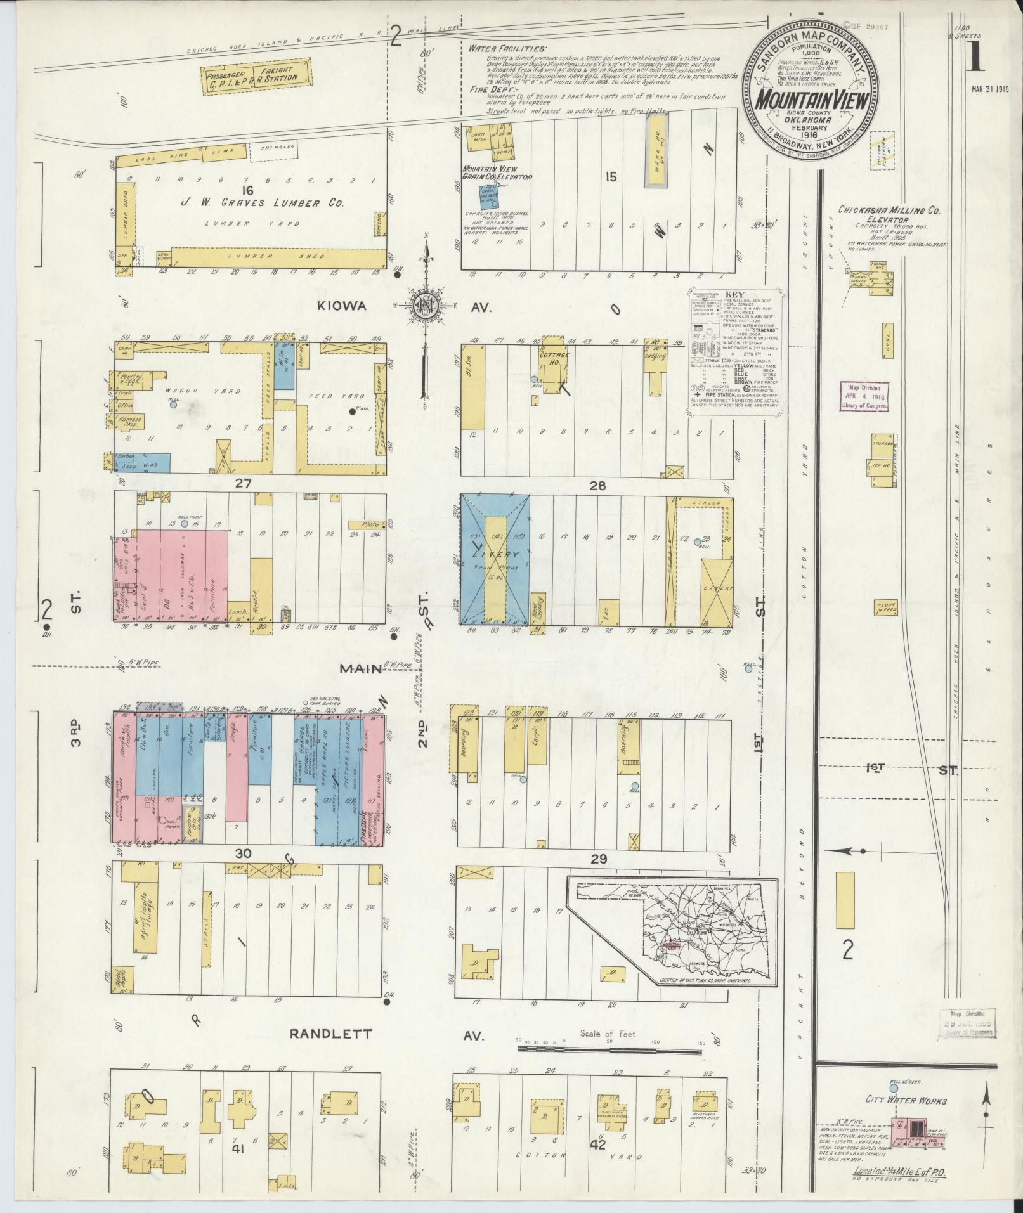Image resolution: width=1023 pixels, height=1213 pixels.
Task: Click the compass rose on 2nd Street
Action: [423, 306]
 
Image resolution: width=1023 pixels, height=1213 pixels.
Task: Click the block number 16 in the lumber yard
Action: [247, 189]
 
